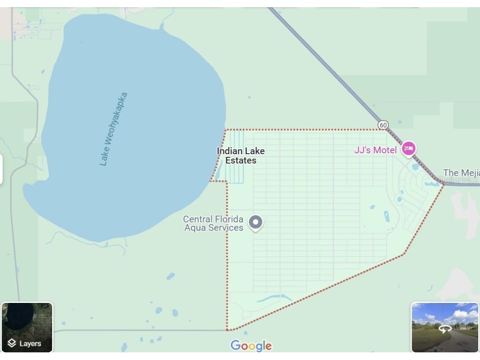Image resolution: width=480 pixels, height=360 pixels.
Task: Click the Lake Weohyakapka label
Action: point(114,129)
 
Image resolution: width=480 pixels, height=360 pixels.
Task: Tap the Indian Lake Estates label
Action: point(241,156)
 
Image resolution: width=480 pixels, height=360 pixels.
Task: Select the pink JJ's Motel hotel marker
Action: point(409,148)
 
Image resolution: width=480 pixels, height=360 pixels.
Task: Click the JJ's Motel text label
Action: point(375,150)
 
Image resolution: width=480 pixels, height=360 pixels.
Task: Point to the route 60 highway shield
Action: point(383,125)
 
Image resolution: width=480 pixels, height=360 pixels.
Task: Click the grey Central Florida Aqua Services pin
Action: point(256,222)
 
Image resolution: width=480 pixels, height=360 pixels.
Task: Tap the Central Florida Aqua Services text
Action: point(213,223)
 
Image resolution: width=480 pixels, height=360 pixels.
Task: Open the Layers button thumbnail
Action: point(27,327)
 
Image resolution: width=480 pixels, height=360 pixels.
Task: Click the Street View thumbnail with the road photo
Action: point(444,327)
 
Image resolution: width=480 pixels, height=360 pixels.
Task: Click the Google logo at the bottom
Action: point(251,346)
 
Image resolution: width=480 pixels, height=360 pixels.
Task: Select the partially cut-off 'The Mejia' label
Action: point(461,173)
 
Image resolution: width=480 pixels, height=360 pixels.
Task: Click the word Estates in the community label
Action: point(241,160)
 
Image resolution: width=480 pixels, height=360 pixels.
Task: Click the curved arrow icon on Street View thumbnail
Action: point(445,329)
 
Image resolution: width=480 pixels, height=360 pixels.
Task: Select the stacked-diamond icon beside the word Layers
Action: point(12,343)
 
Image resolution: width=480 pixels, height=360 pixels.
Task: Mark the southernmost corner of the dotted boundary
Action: point(227,330)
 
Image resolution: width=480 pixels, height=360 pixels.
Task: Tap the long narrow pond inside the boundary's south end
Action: point(274,298)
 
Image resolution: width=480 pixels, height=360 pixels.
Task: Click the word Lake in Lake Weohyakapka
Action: point(105,156)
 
